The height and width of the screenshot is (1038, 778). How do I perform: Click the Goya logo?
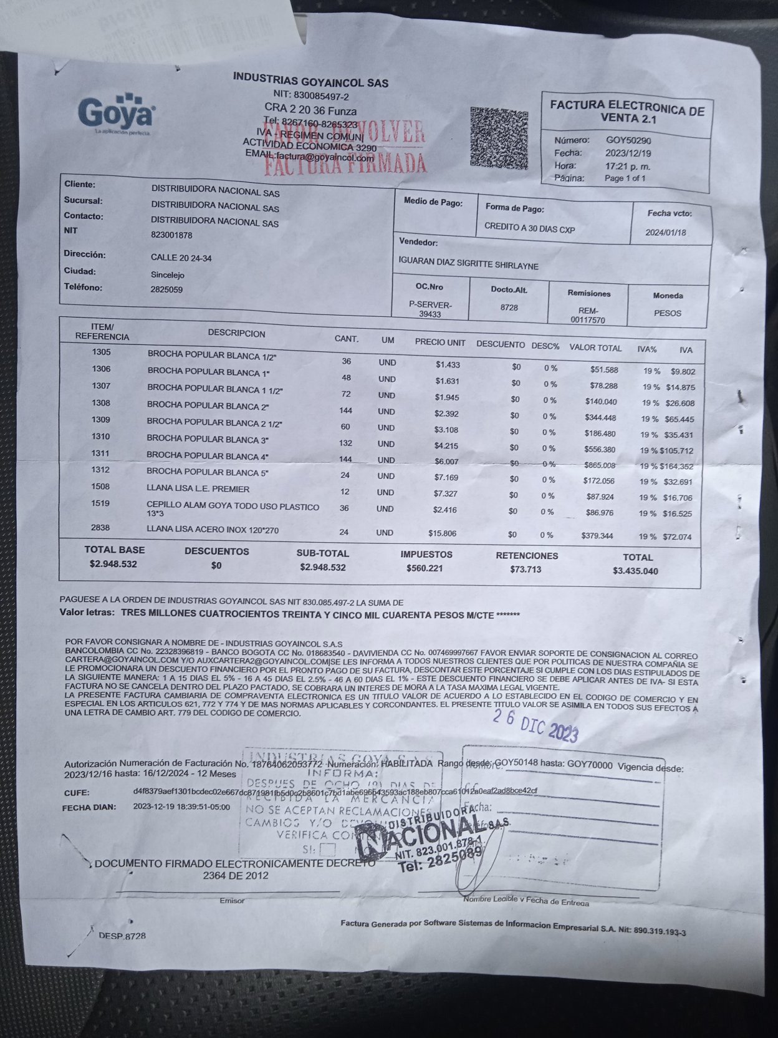tap(117, 114)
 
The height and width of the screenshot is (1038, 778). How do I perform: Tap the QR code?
tap(499, 138)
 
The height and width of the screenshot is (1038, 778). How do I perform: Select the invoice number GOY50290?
tap(628, 140)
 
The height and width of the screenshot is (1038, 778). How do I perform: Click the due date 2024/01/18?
tap(665, 233)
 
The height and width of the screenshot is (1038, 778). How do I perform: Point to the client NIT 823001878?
tap(171, 235)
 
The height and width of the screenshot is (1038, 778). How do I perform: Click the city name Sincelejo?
tap(168, 274)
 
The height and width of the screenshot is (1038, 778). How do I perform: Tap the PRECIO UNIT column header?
tap(440, 342)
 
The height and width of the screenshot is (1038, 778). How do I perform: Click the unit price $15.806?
tap(443, 533)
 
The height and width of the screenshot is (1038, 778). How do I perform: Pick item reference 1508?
tap(100, 487)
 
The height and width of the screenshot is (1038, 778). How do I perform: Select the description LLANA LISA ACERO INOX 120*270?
tap(213, 530)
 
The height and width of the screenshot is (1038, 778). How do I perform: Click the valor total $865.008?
tap(600, 465)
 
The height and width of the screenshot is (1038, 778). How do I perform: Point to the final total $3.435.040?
tap(635, 571)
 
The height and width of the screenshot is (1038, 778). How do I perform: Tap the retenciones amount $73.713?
tap(526, 569)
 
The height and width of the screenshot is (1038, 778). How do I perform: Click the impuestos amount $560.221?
tap(425, 568)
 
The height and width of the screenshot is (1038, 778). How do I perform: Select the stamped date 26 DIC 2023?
tap(535, 726)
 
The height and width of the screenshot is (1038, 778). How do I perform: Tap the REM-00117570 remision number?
tap(588, 316)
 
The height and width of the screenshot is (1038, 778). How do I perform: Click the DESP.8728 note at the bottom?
tap(122, 936)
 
